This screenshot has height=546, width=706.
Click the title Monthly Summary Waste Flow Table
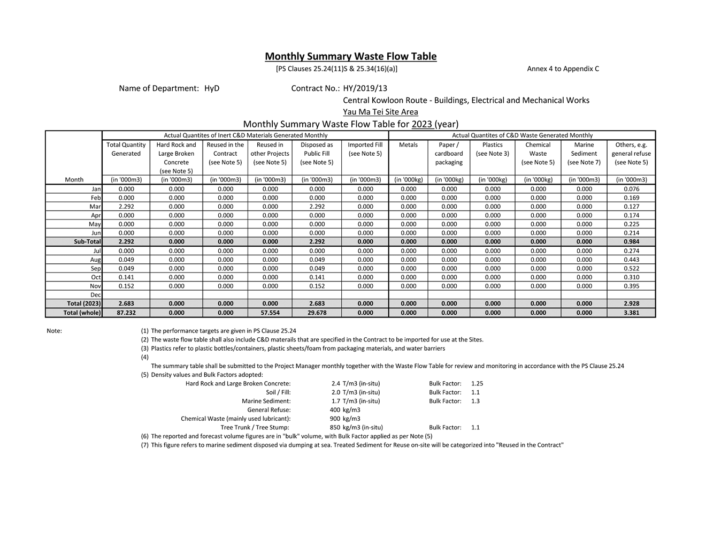click(350, 56)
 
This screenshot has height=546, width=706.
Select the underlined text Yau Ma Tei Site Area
click(380, 112)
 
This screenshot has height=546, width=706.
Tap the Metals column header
click(408, 145)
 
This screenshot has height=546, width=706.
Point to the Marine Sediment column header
click(584, 154)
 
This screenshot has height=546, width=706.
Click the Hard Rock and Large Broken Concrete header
click(176, 157)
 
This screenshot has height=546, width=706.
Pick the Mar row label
click(95, 207)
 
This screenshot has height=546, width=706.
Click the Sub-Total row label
click(87, 242)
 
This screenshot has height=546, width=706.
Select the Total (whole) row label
click(82, 313)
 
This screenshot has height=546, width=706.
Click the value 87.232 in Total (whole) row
click(126, 313)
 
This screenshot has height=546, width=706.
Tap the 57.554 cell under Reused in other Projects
click(270, 313)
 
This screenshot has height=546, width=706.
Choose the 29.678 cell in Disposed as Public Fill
click(317, 313)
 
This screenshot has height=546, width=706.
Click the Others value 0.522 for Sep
click(631, 269)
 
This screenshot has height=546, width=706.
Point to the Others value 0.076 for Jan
click(631, 189)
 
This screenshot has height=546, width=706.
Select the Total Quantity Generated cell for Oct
click(126, 277)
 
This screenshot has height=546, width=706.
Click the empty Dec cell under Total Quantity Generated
click(126, 295)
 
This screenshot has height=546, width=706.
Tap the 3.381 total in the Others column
click(631, 313)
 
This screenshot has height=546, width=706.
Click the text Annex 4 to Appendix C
click(563, 69)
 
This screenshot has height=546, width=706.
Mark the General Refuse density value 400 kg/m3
click(345, 410)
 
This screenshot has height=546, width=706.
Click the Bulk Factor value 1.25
click(477, 384)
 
